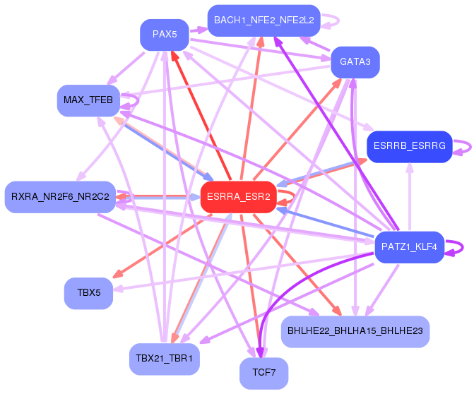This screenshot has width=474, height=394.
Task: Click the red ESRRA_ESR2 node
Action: [x=239, y=197]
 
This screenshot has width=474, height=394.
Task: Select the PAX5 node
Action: [x=165, y=35]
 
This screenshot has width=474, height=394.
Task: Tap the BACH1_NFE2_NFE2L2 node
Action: [x=264, y=20]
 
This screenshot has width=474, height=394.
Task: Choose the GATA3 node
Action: [x=355, y=62]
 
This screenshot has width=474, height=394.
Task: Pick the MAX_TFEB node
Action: [x=88, y=100]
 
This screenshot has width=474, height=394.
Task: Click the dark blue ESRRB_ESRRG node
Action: [x=410, y=147]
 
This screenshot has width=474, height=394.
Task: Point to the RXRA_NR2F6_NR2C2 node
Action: [x=60, y=197]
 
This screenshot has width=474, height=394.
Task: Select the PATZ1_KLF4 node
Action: [x=409, y=247]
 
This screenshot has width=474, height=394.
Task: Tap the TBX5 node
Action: [x=88, y=294]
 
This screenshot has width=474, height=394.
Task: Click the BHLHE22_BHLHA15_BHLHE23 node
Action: [x=355, y=332]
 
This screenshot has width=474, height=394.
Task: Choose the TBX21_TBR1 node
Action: [x=165, y=359]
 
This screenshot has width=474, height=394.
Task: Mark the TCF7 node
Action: [x=264, y=374]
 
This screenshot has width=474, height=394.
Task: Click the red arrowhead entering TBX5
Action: [x=117, y=274]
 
